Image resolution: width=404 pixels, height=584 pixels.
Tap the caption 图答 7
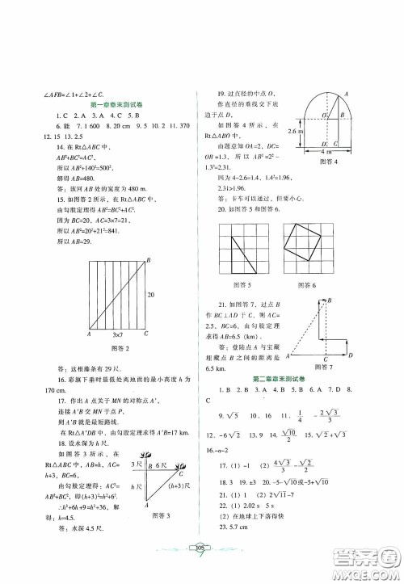pyautogui.click(x=318, y=367)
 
